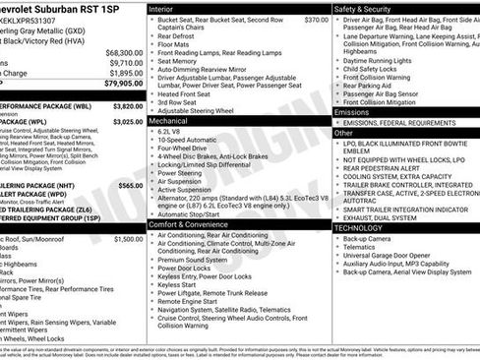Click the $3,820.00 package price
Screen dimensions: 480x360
[x=128, y=104]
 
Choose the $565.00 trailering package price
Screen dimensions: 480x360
[x=130, y=185]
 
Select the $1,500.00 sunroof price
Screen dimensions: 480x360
[x=128, y=239]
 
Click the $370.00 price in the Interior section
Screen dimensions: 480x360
[x=316, y=19]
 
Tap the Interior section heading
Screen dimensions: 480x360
[x=162, y=8]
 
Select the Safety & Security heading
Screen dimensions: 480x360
[x=363, y=8]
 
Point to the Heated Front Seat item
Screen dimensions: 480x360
[x=188, y=92]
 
